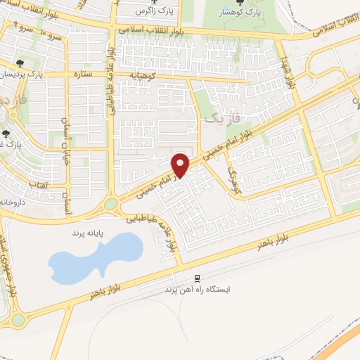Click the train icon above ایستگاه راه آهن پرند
(198, 278)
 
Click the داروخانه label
(16, 201)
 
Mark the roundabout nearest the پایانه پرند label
(111, 205)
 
